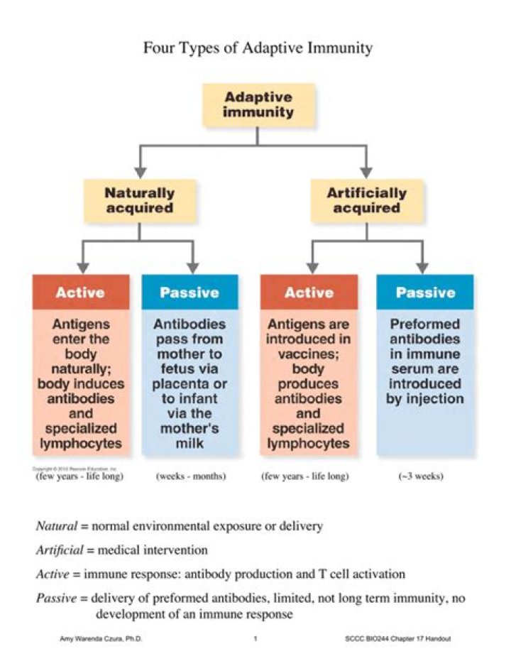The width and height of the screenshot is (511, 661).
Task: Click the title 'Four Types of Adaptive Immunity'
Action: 258,49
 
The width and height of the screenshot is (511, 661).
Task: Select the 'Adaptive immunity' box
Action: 258,104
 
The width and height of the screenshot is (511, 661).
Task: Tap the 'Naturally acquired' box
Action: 139,200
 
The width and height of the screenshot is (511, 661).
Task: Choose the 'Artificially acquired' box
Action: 366,200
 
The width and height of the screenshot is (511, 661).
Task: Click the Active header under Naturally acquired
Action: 80,292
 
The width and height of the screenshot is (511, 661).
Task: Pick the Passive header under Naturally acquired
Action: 189,292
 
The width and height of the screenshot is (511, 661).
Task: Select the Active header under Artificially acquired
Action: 309,292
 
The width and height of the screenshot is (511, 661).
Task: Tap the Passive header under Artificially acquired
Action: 425,292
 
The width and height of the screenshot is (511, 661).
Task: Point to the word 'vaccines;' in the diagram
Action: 309,354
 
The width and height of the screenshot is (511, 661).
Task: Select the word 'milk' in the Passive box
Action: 189,444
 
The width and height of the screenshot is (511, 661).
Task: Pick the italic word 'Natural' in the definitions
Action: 55,527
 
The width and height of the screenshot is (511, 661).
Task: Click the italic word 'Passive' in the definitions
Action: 55,598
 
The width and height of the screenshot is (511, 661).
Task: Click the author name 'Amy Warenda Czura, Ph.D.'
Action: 99,639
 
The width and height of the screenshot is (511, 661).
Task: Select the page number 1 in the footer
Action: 255,639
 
